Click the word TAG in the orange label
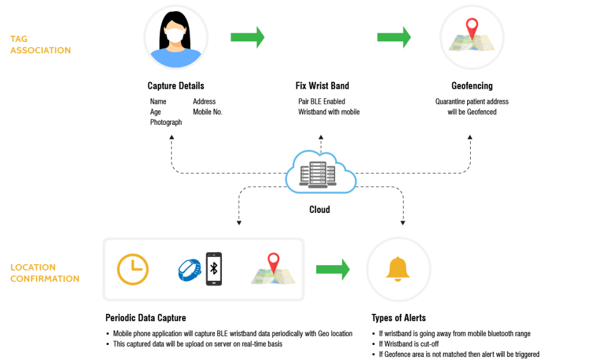[19, 39]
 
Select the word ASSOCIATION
[40, 50]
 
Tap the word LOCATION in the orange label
[33, 268]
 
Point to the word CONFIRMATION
[44, 279]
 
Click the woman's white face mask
[175, 36]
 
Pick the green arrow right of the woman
[247, 37]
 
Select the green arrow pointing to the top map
[393, 37]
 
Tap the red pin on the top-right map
[472, 26]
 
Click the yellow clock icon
[133, 269]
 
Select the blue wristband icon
[189, 269]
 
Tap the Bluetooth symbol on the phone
[214, 268]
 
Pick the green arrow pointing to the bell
[333, 269]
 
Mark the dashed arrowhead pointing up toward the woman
[171, 137]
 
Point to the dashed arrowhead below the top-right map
[470, 137]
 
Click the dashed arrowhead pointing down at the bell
[403, 223]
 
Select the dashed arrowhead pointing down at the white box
[239, 223]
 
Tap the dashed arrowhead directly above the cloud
[321, 137]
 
